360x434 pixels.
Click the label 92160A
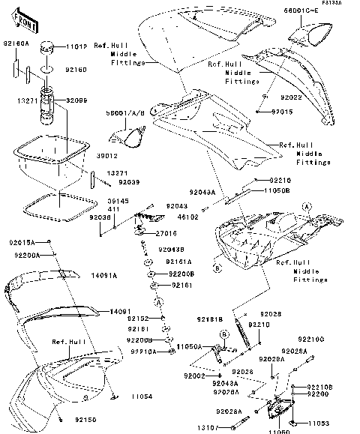click(x=17, y=44)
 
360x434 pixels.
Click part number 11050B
click(x=280, y=190)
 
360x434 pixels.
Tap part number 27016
click(x=177, y=234)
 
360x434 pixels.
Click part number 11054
click(x=142, y=396)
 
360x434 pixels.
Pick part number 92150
click(x=85, y=423)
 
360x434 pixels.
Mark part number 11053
click(x=319, y=424)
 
